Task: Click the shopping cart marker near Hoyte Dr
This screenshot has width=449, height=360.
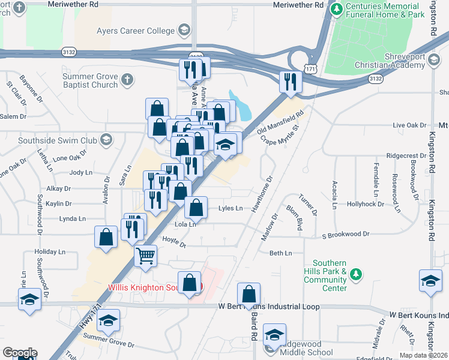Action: click(146, 256)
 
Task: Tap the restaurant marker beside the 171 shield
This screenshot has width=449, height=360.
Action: click(291, 82)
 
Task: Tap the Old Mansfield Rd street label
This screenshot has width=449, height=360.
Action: click(281, 122)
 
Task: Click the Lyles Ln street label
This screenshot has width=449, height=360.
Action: click(231, 208)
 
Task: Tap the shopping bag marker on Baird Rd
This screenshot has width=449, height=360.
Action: click(249, 294)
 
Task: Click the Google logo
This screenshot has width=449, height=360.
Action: click(20, 353)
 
